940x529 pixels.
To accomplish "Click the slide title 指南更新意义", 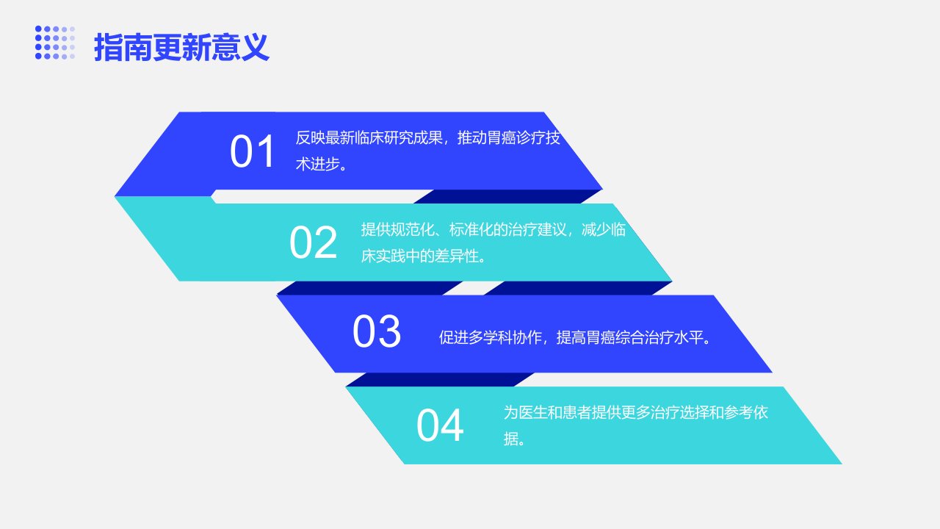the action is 181,47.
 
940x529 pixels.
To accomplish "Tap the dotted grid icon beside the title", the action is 55,43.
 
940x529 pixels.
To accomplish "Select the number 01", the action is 252,151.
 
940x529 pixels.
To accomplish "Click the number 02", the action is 313,242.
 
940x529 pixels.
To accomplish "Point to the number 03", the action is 377,331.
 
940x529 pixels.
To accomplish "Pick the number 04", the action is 440,425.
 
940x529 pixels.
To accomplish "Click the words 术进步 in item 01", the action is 318,164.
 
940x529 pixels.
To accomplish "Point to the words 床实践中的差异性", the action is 419,256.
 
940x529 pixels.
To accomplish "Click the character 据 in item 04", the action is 510,439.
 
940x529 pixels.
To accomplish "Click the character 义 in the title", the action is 255,47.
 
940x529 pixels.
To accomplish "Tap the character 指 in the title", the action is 108,47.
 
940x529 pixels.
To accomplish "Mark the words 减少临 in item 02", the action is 604,230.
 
